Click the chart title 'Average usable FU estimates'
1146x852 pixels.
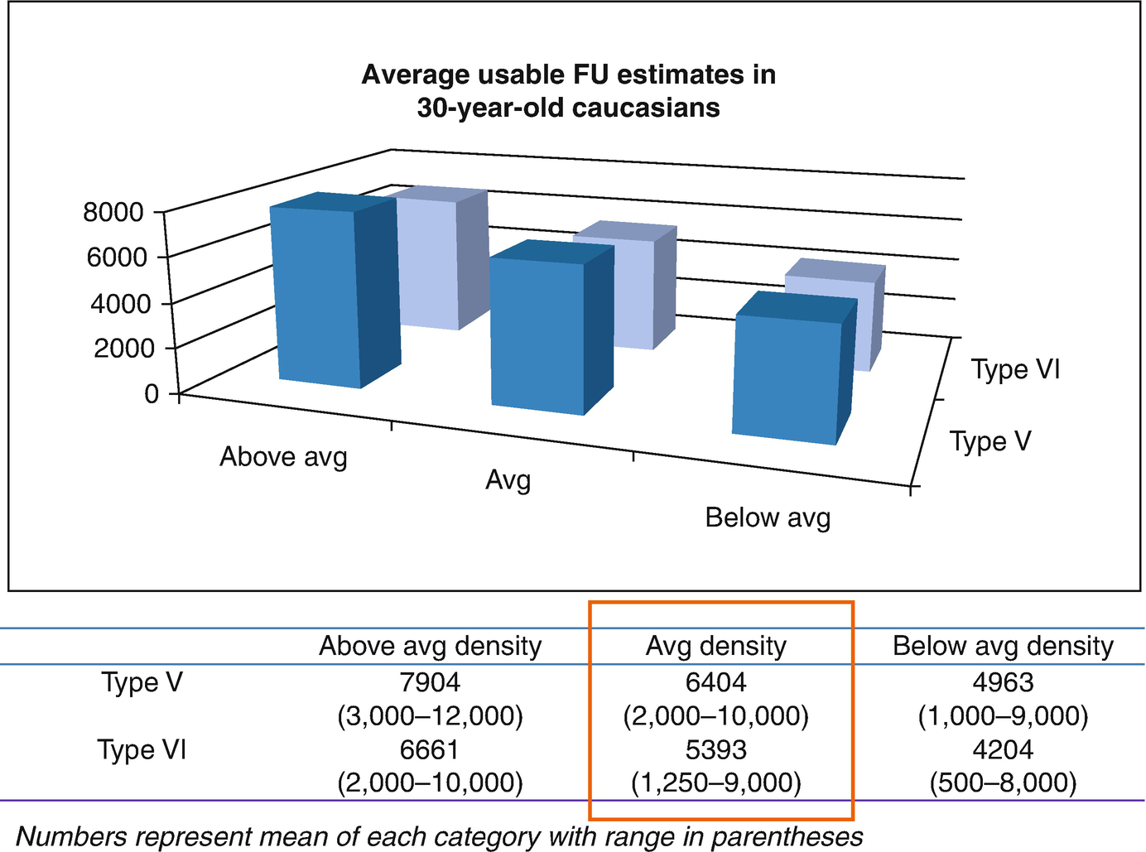point(568,91)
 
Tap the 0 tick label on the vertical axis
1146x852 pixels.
point(151,393)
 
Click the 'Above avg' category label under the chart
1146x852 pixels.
point(283,457)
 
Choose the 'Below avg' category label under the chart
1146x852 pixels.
point(767,517)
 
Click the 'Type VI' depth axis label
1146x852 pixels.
point(1015,369)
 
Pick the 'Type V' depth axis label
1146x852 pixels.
point(990,441)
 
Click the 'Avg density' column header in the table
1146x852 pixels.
point(715,646)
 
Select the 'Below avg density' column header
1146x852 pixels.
point(1003,646)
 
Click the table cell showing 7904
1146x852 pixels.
point(430,682)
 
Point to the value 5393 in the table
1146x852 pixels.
point(715,749)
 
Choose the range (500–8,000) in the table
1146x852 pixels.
point(1003,782)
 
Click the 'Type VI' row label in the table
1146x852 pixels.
point(142,749)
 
